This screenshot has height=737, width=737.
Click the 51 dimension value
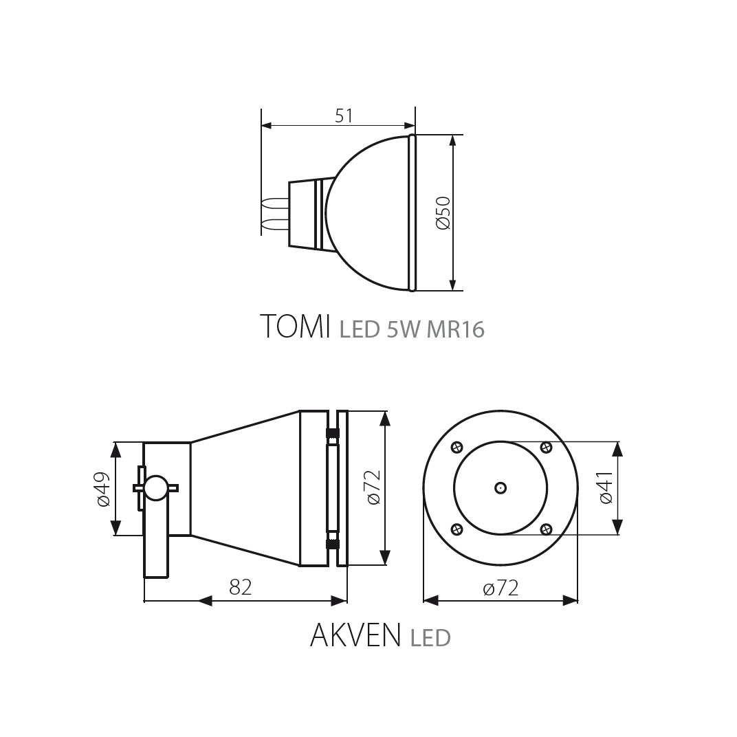tap(344, 115)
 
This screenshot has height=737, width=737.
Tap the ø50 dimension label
tap(443, 213)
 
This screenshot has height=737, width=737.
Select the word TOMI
tap(294, 326)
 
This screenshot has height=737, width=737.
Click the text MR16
tap(455, 329)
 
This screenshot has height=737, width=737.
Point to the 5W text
tap(404, 329)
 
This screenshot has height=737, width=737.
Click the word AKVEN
tap(355, 635)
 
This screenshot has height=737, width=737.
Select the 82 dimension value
tap(241, 587)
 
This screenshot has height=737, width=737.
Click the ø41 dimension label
tap(606, 487)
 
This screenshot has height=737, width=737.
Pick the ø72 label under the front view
tap(501, 588)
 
